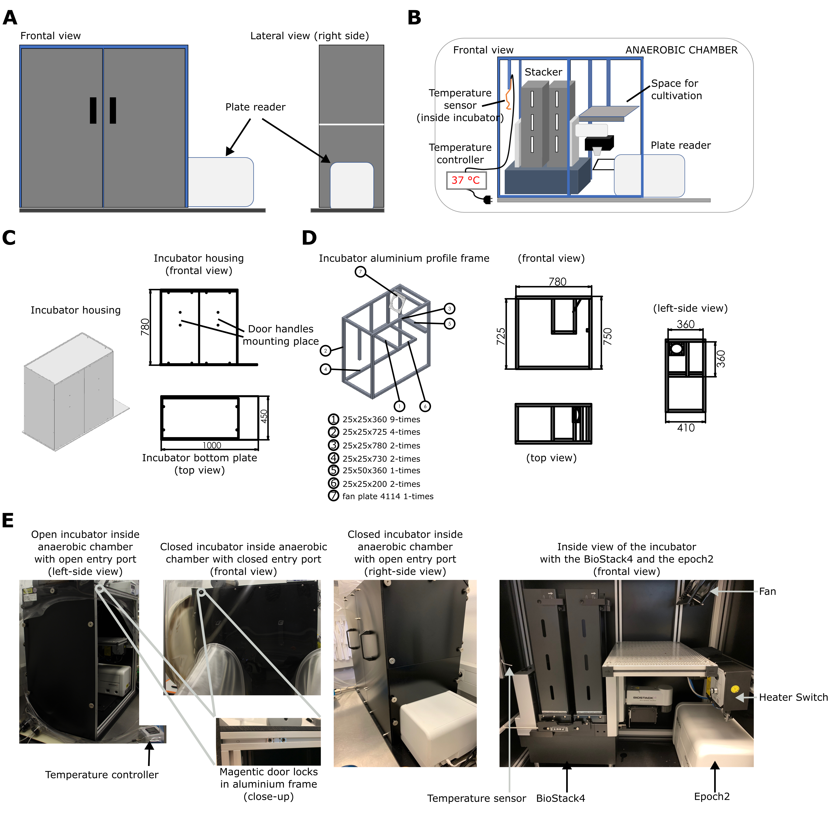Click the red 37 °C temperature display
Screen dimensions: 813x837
click(x=466, y=180)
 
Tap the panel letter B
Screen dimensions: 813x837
click(x=414, y=18)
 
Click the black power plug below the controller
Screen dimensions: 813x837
click(x=487, y=199)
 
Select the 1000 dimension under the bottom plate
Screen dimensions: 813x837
click(x=212, y=445)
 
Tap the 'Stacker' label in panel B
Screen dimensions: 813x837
click(x=543, y=72)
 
